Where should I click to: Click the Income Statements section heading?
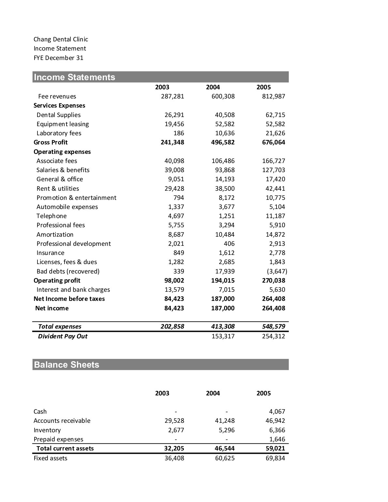(74, 77)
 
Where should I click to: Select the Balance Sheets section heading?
(67, 365)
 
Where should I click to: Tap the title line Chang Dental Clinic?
(61, 39)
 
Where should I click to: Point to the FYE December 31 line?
(58, 58)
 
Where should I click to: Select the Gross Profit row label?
(51, 142)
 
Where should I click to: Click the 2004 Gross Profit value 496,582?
(223, 142)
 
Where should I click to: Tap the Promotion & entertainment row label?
(76, 198)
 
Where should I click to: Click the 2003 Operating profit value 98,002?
(174, 281)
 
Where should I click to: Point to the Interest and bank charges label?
(73, 290)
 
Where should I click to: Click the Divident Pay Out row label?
(63, 336)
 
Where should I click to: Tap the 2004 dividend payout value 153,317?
(223, 336)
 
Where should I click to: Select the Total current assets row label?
(65, 449)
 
